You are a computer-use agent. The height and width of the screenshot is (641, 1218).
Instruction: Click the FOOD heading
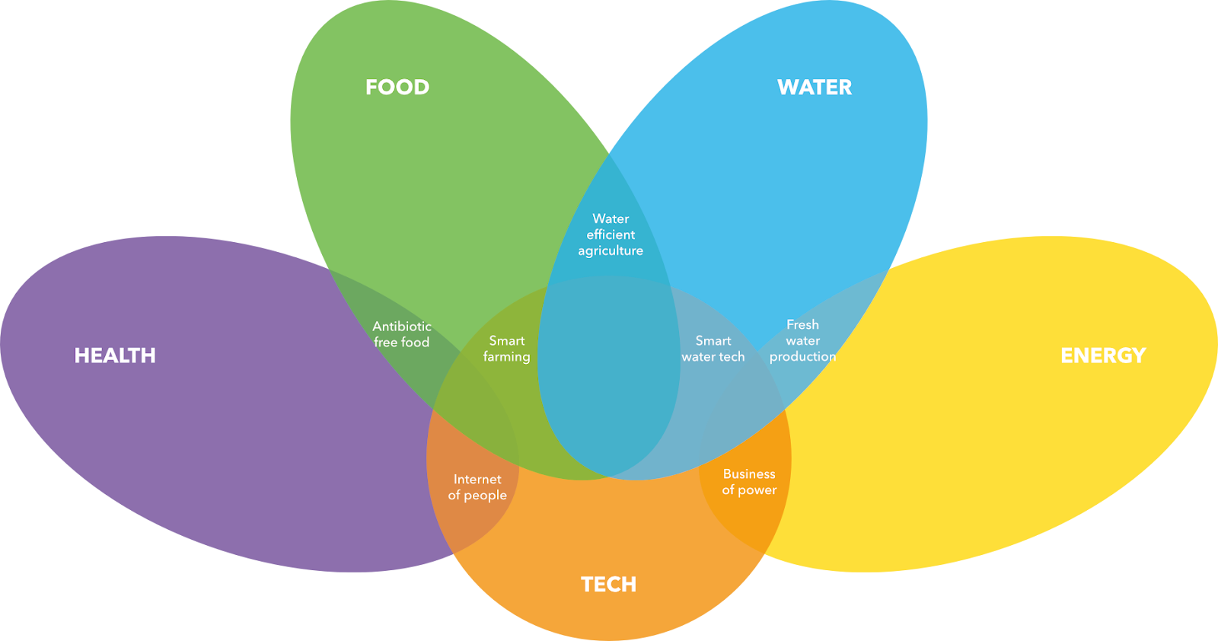point(397,88)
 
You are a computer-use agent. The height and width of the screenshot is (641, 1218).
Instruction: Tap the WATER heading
point(815,88)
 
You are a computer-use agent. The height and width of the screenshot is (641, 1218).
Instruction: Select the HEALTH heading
point(115,356)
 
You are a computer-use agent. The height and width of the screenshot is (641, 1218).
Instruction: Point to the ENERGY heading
point(1103,356)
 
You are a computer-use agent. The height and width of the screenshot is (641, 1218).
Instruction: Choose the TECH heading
point(608,585)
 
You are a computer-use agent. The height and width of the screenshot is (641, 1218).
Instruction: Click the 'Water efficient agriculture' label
point(611,234)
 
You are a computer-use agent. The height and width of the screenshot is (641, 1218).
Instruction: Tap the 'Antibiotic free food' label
point(402,334)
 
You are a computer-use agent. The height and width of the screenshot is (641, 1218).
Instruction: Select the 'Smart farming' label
point(507,349)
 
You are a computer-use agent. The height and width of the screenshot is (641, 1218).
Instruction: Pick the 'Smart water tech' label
point(713,349)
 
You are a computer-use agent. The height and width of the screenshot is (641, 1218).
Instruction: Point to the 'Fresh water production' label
point(802,340)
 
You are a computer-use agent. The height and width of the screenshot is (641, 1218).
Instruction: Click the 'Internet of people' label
point(477,487)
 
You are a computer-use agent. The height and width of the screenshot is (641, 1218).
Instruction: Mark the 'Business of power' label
point(749,482)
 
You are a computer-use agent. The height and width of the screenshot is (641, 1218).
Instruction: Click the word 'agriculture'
point(611,251)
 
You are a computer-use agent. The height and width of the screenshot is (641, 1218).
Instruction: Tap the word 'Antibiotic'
point(402,326)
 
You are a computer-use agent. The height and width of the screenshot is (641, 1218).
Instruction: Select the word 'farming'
point(507,357)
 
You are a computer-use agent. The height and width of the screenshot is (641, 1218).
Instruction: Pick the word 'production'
point(802,356)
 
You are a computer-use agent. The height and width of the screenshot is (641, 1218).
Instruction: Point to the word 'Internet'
point(477,479)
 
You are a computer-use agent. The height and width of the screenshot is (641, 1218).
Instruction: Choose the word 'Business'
point(749,474)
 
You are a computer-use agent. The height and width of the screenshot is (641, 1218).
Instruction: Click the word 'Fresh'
point(802,324)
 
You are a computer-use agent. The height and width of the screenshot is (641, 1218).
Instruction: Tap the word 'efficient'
point(611,234)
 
